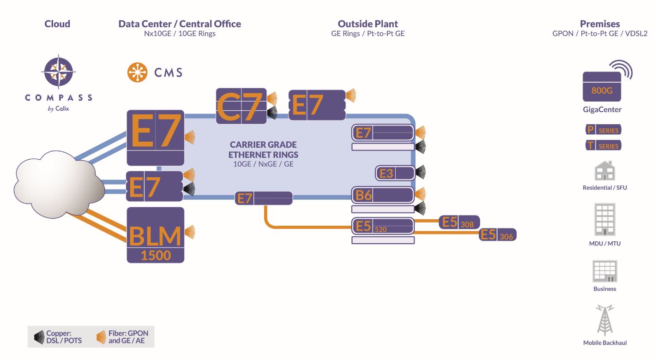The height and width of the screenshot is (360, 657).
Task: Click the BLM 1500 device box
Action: click(x=156, y=235)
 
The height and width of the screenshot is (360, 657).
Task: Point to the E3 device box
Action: click(x=395, y=173)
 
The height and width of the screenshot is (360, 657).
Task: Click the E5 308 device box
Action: click(x=459, y=222)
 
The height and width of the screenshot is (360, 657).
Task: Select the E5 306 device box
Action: click(x=498, y=234)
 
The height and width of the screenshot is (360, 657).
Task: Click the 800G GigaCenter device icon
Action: click(x=602, y=87)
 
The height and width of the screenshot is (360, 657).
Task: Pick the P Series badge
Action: click(x=603, y=130)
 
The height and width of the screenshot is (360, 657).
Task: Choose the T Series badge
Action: click(x=603, y=145)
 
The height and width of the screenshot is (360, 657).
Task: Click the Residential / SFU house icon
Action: click(x=604, y=171)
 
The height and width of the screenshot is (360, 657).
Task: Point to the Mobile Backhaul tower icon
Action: click(x=605, y=319)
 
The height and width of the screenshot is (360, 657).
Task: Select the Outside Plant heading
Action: click(x=368, y=24)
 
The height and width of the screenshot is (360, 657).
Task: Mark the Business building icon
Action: click(x=605, y=271)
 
